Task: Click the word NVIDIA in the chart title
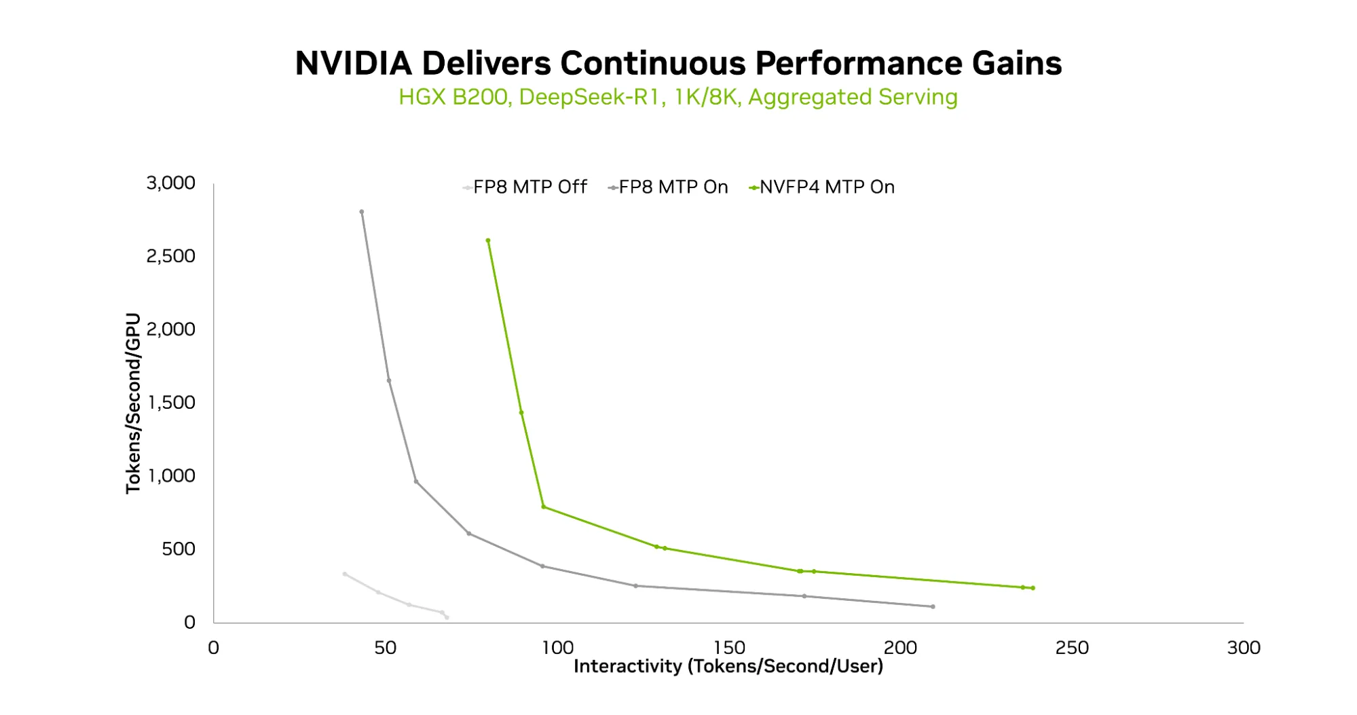coord(353,64)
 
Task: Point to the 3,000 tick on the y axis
coord(170,183)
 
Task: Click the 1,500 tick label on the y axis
coord(170,403)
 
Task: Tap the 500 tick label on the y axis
coord(179,549)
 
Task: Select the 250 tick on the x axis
coord(1071,648)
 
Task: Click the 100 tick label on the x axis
coord(557,648)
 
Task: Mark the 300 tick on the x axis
coord(1243,648)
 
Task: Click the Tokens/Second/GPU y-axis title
coord(133,403)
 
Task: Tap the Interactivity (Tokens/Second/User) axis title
coord(728,666)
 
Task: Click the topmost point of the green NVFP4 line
coord(488,240)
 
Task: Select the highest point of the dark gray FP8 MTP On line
coord(361,212)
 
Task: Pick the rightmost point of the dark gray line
coord(933,606)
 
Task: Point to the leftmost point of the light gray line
coord(345,574)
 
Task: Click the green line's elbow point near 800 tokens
coord(543,507)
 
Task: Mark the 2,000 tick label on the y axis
coord(170,329)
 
